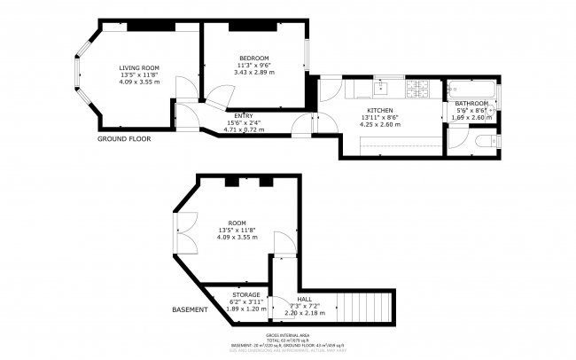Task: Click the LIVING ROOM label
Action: (139, 67)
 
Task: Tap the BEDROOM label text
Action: (253, 58)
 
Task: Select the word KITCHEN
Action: (379, 110)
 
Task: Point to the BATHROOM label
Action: (472, 103)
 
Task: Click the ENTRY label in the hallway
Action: (243, 116)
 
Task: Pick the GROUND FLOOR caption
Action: (124, 139)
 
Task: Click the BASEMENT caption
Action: (190, 309)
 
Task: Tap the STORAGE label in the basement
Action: (245, 294)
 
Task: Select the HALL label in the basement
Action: (305, 300)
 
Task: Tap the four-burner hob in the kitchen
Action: (416, 89)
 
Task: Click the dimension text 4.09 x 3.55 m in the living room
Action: (139, 82)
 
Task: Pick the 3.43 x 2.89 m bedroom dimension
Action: (253, 72)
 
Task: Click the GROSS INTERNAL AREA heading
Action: (287, 335)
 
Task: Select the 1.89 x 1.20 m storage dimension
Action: (245, 309)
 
